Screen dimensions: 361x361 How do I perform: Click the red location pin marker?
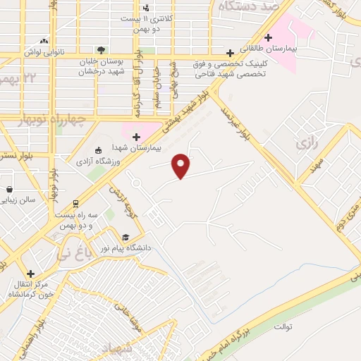181,166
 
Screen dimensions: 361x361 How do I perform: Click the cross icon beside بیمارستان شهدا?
137,136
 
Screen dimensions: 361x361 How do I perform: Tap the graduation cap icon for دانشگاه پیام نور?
126,237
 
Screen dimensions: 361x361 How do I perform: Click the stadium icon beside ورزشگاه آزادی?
98,149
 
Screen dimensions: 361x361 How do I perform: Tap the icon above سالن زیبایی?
9,189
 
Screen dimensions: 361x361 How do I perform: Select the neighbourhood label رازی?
308,143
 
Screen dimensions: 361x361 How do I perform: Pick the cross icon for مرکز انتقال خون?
30,274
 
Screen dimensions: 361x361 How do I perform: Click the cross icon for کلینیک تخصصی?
230,53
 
